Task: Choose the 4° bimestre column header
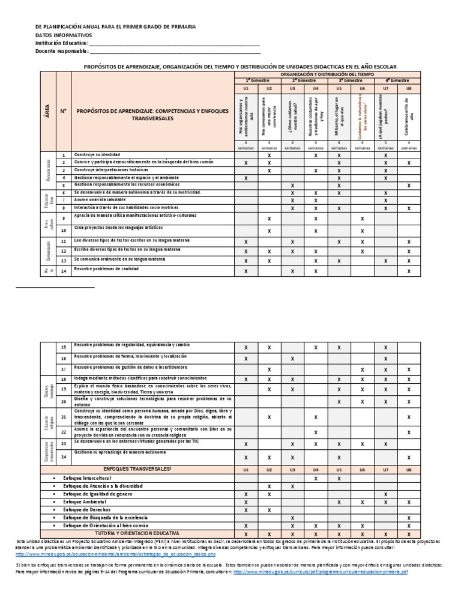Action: point(397,80)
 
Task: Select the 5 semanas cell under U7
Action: point(385,145)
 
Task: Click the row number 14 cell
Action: point(63,271)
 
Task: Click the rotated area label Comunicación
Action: point(48,251)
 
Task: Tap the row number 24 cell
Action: point(63,458)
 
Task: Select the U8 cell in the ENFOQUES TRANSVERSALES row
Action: point(409,470)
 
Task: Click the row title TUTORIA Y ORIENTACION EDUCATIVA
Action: point(137,533)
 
